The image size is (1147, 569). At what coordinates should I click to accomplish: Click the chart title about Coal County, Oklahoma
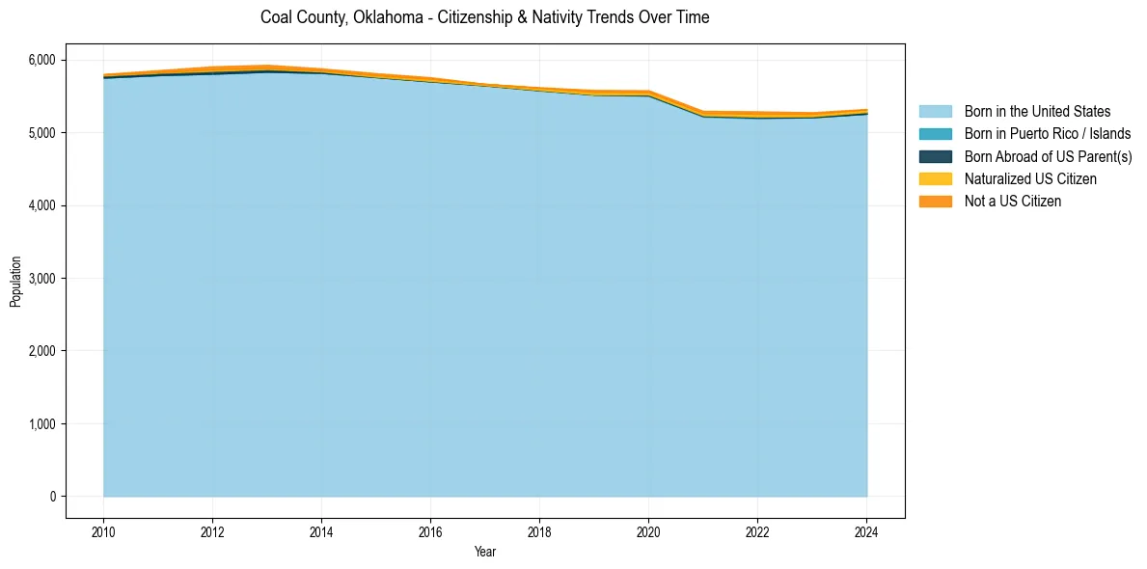(484, 18)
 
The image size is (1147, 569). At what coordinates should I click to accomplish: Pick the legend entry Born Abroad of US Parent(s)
(1048, 156)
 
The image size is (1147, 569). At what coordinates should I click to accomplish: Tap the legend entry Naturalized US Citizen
(1030, 178)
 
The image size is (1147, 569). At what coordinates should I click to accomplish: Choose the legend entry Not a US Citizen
(1013, 201)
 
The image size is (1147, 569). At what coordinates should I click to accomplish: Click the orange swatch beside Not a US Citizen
(935, 201)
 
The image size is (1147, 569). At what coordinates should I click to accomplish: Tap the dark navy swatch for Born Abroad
(935, 156)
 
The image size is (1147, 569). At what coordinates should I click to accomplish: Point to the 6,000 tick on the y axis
(42, 60)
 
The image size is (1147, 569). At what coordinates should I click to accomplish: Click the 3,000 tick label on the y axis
(42, 278)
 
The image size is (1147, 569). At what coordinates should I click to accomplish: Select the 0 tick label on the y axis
(52, 496)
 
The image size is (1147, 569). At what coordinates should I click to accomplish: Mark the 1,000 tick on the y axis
(42, 423)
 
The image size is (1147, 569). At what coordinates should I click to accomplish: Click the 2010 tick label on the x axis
(103, 531)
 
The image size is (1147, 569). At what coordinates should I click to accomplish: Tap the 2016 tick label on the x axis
(430, 531)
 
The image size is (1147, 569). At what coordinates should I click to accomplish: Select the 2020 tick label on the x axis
(648, 531)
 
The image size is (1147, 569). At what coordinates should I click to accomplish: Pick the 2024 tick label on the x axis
(866, 531)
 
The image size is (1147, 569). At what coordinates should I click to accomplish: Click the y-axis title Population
(15, 282)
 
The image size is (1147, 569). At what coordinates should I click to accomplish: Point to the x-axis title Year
(485, 552)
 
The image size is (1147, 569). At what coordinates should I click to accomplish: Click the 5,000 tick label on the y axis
(42, 132)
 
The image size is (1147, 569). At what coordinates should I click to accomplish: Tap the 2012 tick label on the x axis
(212, 531)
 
